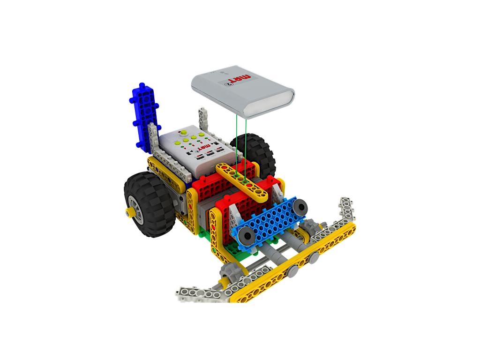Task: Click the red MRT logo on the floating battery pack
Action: coord(243,78)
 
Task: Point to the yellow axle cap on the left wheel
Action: coord(129,212)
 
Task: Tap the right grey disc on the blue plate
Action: coord(300,205)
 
